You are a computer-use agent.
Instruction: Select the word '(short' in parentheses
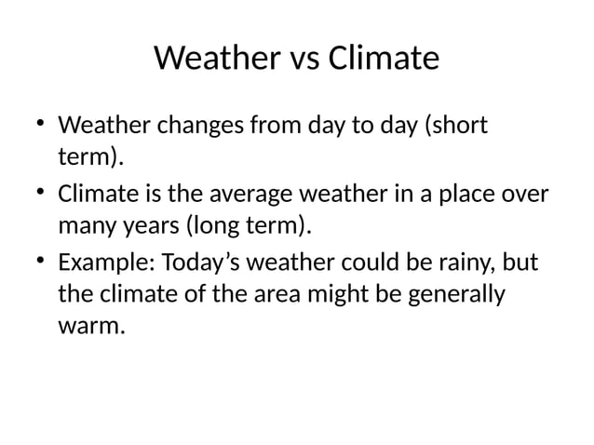(457, 125)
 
